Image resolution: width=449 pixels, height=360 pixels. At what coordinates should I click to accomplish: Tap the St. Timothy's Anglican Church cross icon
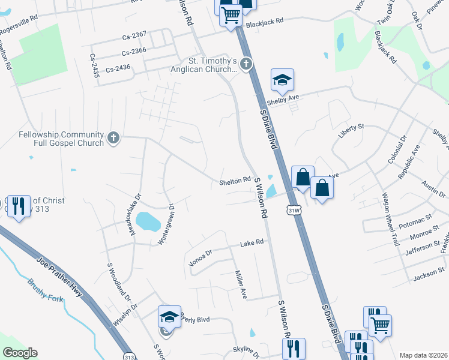pos(246,63)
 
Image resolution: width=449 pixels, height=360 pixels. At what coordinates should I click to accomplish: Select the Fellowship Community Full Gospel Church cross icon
pos(112,139)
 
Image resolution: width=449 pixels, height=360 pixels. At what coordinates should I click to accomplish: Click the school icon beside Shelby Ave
pos(282,79)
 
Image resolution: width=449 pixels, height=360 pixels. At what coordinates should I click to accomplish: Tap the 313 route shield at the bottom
pos(128,356)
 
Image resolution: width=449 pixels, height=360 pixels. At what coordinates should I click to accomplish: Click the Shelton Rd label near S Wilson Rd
pos(235,180)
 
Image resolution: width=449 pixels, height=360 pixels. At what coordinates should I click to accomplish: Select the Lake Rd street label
pos(252,243)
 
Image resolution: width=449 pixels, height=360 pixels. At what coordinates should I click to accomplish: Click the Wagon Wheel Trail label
pos(391,220)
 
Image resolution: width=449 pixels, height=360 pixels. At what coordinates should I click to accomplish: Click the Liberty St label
pos(352,131)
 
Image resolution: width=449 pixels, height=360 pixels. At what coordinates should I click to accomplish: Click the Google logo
pos(20,353)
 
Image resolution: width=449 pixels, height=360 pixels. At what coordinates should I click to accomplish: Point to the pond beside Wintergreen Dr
pos(148,221)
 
